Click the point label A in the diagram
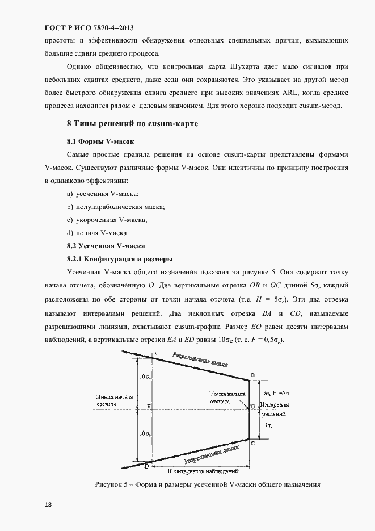[157, 354]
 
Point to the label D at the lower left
[146, 466]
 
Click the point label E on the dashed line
[148, 407]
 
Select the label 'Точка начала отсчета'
[227, 397]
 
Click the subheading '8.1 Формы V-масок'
[100, 140]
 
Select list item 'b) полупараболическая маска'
[116, 207]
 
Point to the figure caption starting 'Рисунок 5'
[208, 484]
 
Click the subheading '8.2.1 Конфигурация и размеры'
[120, 259]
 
